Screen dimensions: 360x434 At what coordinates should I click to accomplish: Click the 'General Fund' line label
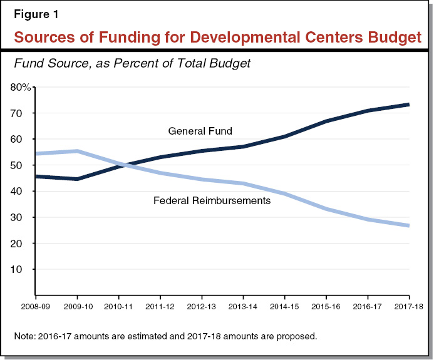click(200, 131)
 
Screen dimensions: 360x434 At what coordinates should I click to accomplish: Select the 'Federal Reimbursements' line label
click(211, 201)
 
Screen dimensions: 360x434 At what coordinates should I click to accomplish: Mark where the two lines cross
click(124, 165)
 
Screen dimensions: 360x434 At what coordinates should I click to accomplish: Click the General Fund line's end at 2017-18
click(408, 105)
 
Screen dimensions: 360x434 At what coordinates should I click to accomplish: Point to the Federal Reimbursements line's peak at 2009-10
click(77, 151)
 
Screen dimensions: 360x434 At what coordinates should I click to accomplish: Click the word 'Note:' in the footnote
click(25, 336)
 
